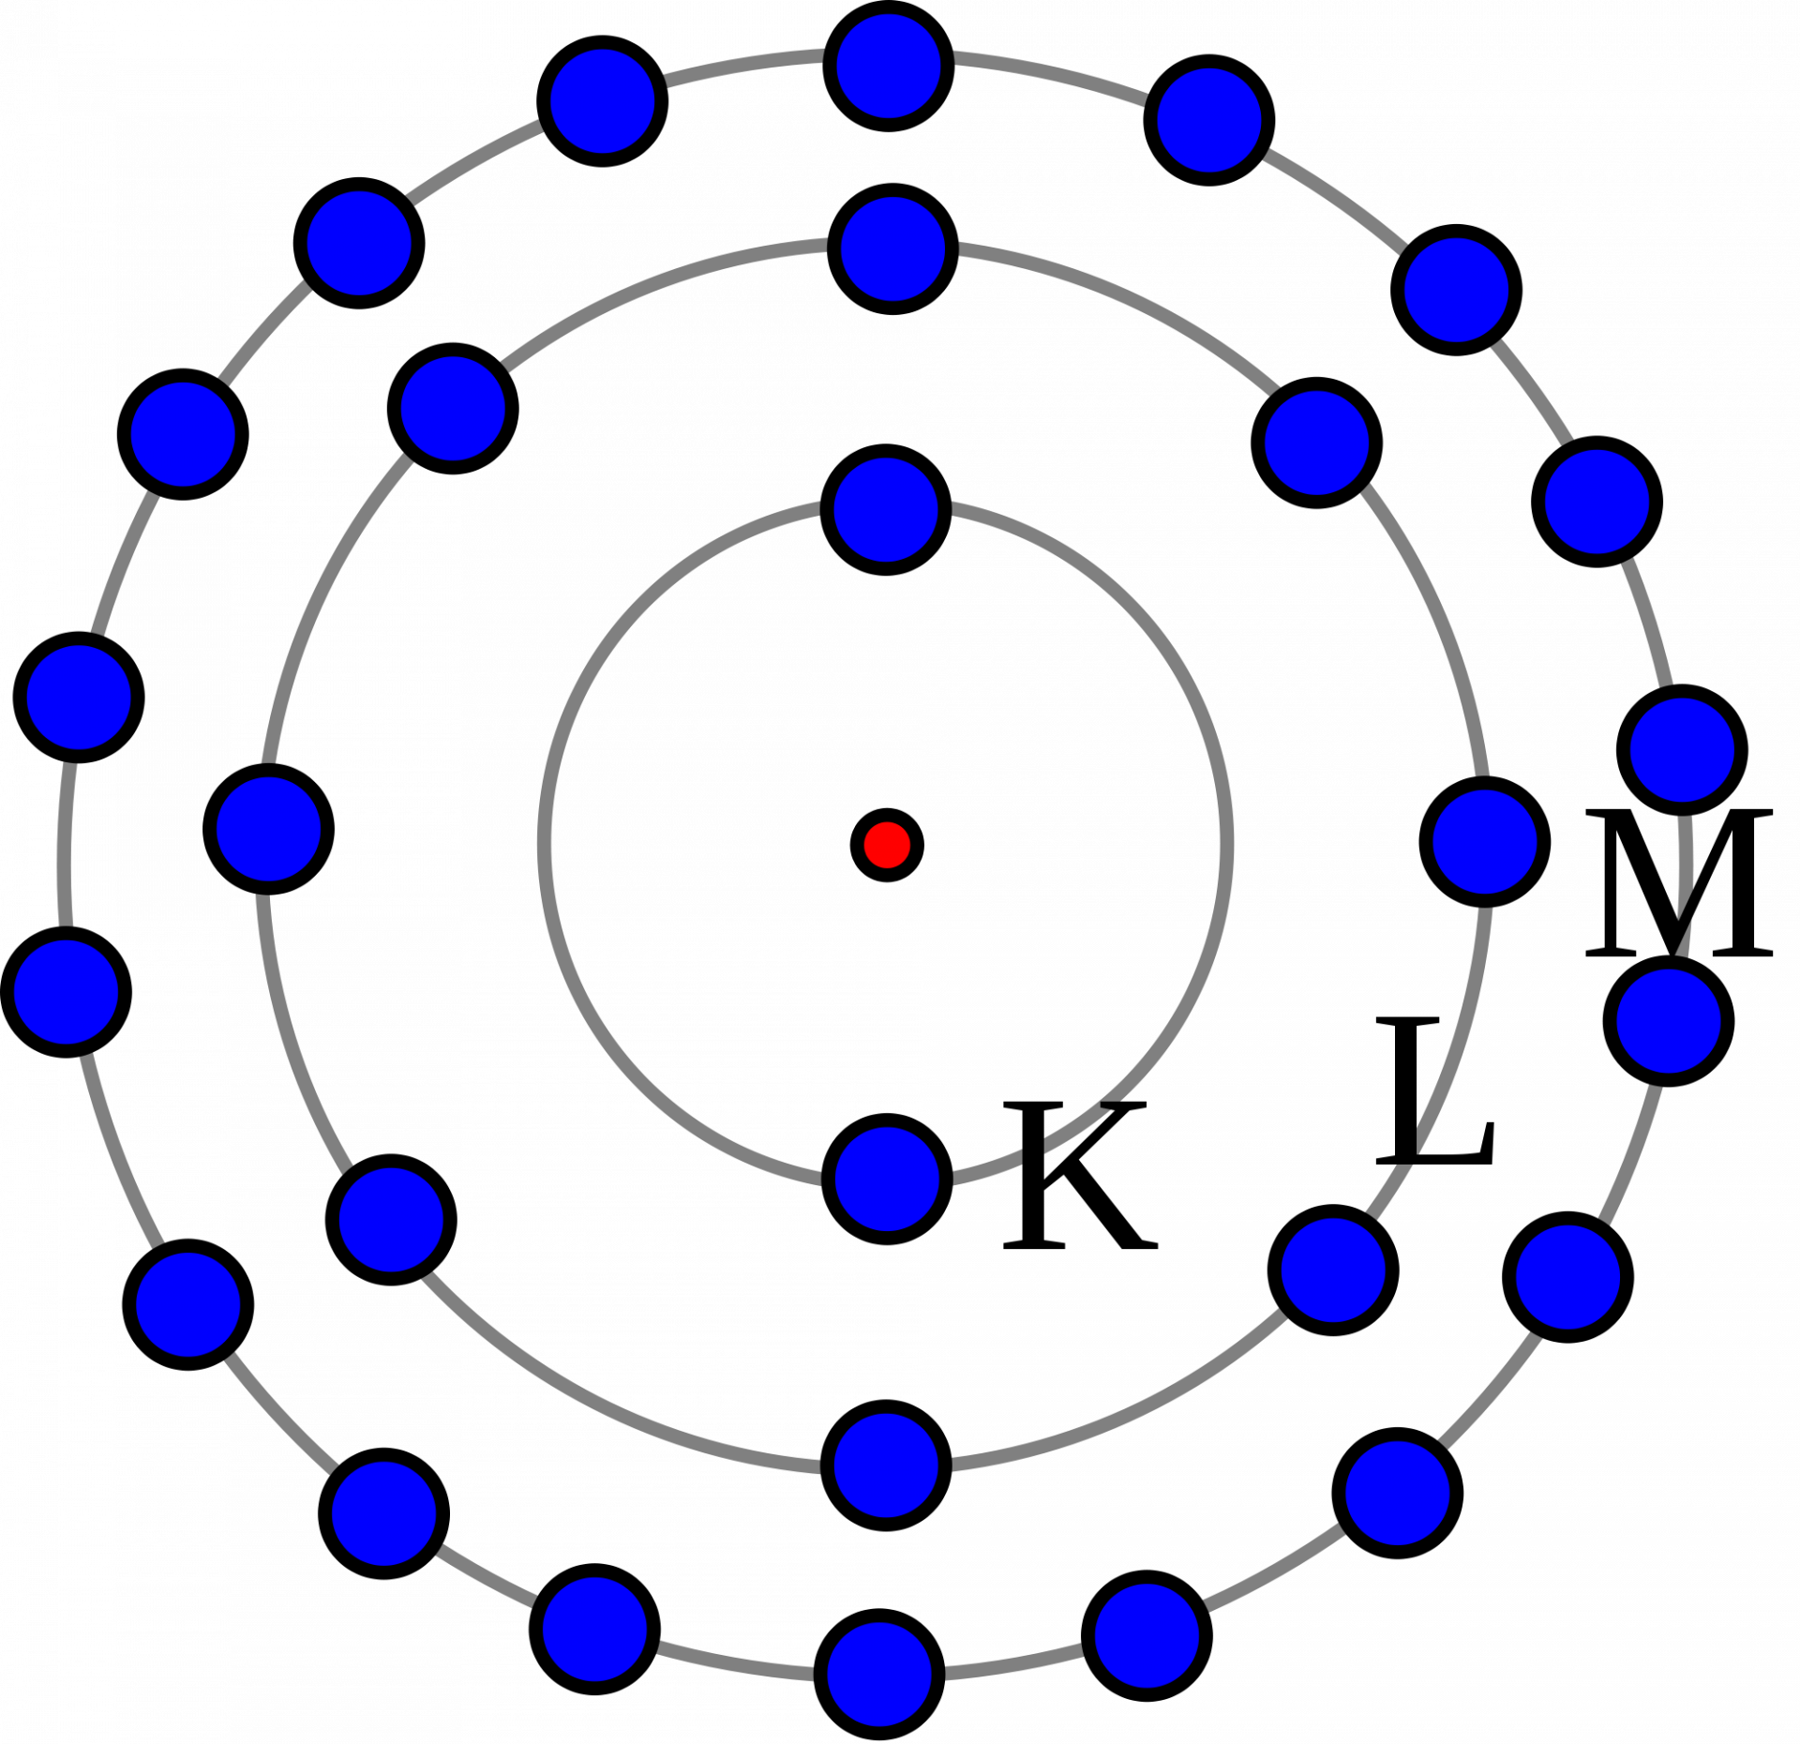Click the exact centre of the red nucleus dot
pyautogui.click(x=887, y=845)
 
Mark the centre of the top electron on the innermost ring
pyautogui.click(x=886, y=510)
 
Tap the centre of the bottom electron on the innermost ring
pyautogui.click(x=887, y=1180)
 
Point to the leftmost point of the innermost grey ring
pyautogui.click(x=544, y=844)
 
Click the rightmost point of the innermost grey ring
pyautogui.click(x=1228, y=844)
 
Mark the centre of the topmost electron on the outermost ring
pyautogui.click(x=889, y=67)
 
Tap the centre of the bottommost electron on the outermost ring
pyautogui.click(x=879, y=1675)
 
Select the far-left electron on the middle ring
pyautogui.click(x=269, y=829)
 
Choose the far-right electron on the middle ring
pyautogui.click(x=1485, y=842)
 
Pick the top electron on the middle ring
pyautogui.click(x=892, y=249)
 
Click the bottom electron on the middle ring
pyautogui.click(x=887, y=1466)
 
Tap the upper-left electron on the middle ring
pyautogui.click(x=453, y=409)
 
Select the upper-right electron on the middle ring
pyautogui.click(x=1317, y=443)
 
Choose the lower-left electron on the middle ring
pyautogui.click(x=391, y=1220)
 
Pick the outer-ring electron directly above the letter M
pyautogui.click(x=1682, y=750)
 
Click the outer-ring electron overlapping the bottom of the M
pyautogui.click(x=1669, y=1021)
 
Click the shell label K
pyautogui.click(x=1080, y=1177)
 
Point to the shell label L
pyautogui.click(x=1434, y=1091)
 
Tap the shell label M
pyautogui.click(x=1679, y=883)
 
